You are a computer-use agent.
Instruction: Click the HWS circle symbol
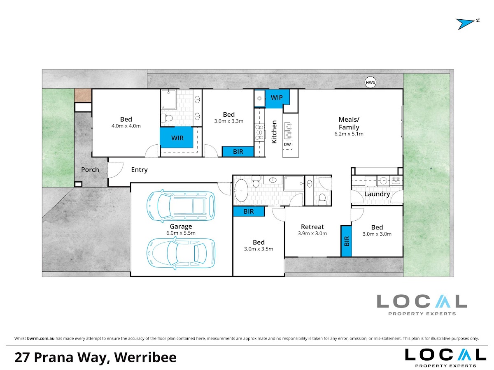(x=370, y=83)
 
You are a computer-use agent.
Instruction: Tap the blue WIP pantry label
(x=277, y=97)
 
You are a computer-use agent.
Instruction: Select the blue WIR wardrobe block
(x=177, y=137)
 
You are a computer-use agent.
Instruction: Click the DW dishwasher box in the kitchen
(x=288, y=144)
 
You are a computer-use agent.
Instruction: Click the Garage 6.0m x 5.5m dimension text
(x=181, y=233)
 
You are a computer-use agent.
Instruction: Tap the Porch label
(x=90, y=170)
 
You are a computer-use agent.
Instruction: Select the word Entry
(x=139, y=170)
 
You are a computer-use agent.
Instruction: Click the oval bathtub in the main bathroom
(x=241, y=190)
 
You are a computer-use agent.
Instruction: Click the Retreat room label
(x=312, y=227)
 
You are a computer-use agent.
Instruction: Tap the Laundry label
(x=377, y=194)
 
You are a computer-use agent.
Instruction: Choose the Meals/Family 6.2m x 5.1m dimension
(x=349, y=134)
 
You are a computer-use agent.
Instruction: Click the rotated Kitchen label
(x=274, y=132)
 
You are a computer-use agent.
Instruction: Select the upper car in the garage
(x=181, y=206)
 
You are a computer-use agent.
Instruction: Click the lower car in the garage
(x=181, y=253)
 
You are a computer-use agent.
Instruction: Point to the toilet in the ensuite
(x=167, y=118)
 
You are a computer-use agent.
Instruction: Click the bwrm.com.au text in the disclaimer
(x=41, y=338)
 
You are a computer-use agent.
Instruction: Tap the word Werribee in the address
(x=145, y=357)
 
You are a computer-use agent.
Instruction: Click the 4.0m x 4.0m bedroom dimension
(x=126, y=126)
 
